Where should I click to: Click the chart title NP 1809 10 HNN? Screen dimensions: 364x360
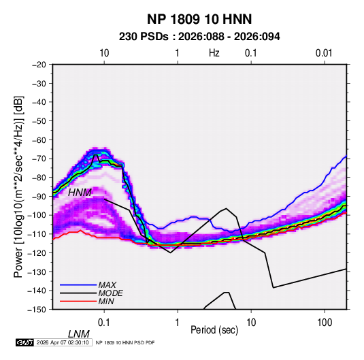pos(199,19)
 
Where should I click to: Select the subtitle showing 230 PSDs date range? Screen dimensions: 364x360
pos(199,37)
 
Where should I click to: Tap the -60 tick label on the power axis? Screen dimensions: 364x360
pos(39,140)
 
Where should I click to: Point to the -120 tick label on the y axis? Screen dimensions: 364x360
pos(37,252)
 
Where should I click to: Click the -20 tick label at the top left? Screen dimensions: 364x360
pos(39,65)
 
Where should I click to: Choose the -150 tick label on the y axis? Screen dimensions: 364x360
pos(37,310)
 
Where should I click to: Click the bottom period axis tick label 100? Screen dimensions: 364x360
pos(325,323)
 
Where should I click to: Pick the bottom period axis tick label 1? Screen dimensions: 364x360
pos(178,323)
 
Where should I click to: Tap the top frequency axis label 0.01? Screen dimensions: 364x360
pos(324,53)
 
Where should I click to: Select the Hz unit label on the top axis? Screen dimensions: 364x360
pos(214,53)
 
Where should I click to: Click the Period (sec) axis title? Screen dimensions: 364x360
pos(214,330)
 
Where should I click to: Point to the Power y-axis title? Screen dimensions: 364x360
pos(18,187)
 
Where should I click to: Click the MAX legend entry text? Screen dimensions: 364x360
pos(107,285)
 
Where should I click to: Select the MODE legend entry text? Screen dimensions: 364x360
pos(110,293)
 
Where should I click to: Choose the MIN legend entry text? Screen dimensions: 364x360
pos(106,301)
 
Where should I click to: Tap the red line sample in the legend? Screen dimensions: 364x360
pos(78,301)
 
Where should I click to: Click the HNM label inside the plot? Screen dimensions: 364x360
pos(80,193)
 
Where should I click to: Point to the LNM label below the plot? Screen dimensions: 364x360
pos(78,334)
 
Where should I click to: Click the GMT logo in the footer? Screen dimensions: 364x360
pos(25,342)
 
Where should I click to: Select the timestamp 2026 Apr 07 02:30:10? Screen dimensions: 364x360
pos(63,342)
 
